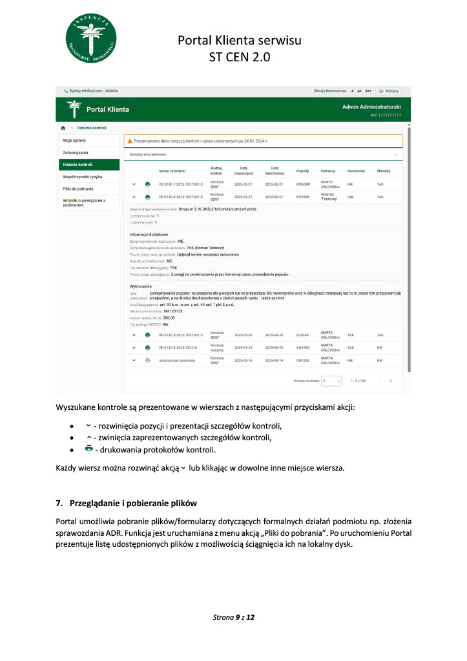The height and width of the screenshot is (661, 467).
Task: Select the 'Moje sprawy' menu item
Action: pos(74,140)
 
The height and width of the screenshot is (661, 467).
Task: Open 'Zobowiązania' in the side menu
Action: pos(76,152)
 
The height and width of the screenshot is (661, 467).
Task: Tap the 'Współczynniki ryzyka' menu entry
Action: pos(83,176)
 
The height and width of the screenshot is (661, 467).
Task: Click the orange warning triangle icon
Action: pos(129,140)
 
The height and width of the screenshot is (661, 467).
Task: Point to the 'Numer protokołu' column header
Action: pos(172,171)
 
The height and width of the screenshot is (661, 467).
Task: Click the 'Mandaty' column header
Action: pos(384,171)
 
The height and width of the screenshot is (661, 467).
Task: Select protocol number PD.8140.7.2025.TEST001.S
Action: pos(181,185)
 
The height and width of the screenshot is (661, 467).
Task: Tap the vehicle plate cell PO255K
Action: pos(303,197)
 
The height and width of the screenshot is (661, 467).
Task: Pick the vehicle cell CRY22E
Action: pos(303,360)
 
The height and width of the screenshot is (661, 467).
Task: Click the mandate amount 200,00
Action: pos(169,318)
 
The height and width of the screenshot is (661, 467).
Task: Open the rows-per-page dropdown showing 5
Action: pos(331,381)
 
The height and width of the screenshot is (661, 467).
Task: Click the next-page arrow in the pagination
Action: pos(391,381)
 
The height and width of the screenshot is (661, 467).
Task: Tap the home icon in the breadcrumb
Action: pos(63,128)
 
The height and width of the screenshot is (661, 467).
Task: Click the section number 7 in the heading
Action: pos(58,503)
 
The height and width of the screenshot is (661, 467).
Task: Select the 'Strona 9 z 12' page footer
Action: pos(234,618)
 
